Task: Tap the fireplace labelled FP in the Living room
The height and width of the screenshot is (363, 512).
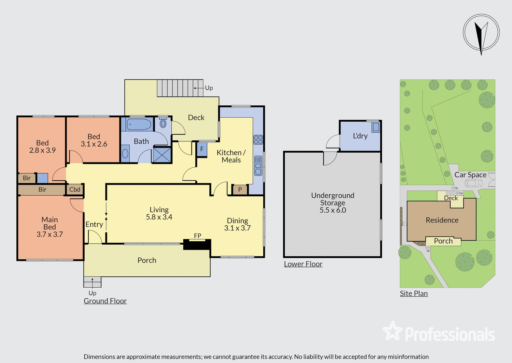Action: [197, 244]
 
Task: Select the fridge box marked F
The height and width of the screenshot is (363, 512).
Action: [202, 149]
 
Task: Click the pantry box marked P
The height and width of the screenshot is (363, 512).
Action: [240, 190]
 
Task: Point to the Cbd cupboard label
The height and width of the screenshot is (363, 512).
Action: [75, 190]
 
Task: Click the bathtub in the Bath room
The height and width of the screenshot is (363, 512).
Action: [139, 124]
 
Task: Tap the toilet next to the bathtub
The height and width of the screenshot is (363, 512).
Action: [163, 123]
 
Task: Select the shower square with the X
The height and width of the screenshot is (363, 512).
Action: [162, 154]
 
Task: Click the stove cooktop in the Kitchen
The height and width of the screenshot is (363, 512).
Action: [258, 139]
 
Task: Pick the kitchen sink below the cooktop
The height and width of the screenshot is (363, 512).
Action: [258, 166]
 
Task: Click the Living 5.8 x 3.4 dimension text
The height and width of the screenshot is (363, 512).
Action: [159, 217]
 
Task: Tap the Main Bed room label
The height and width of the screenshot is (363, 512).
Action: [49, 223]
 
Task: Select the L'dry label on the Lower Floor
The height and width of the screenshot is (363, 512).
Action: [360, 136]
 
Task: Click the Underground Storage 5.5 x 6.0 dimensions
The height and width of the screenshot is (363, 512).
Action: [333, 210]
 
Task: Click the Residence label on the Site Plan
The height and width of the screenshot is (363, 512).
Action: [442, 220]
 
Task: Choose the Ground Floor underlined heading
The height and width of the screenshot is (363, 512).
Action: [105, 301]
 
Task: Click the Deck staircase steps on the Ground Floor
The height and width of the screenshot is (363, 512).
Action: [180, 88]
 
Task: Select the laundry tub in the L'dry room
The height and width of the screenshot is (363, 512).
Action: [376, 127]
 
